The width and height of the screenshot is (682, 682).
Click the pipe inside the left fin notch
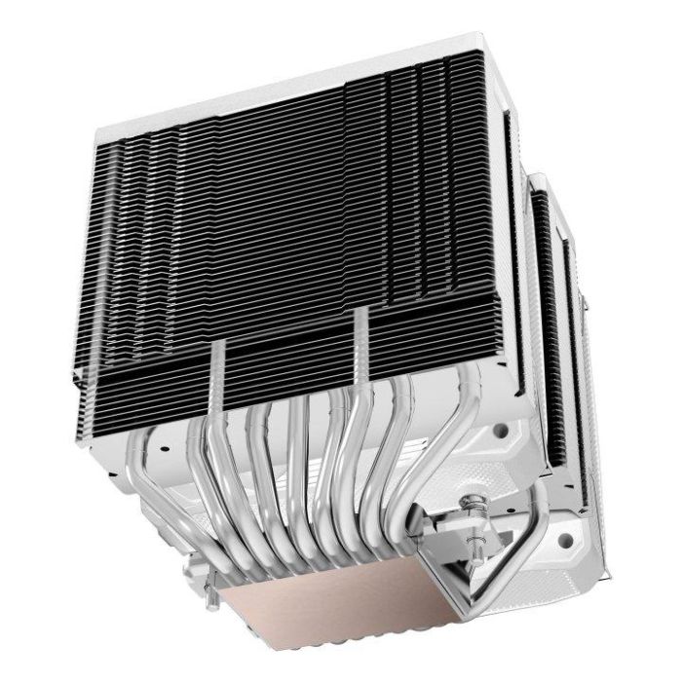click(x=220, y=375)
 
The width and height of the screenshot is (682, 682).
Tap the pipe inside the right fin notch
click(x=361, y=341)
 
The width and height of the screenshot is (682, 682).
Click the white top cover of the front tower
click(x=292, y=88)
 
